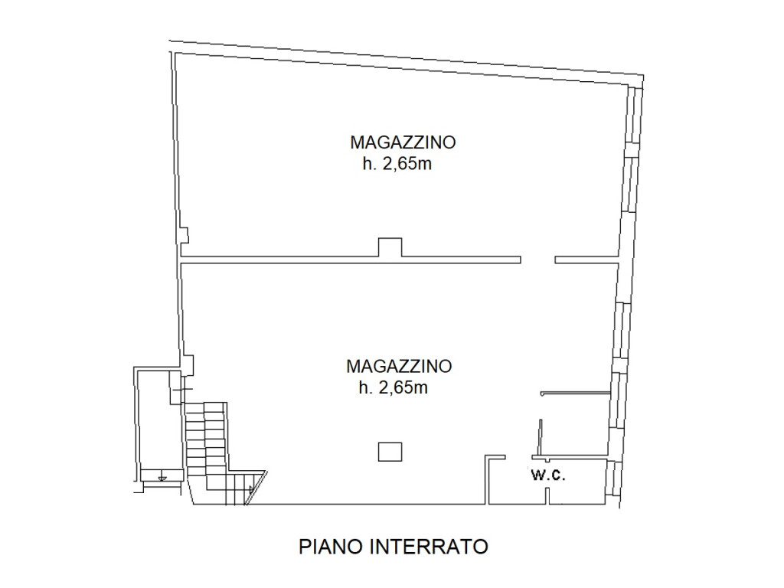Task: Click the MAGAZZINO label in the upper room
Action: click(x=403, y=142)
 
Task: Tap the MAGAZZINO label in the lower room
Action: click(x=399, y=366)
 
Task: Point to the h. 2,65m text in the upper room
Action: click(x=397, y=164)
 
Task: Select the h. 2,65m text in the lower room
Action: click(x=393, y=387)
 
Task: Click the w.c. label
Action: click(x=548, y=475)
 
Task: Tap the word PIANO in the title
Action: click(x=331, y=547)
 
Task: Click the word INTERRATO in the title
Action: click(x=429, y=547)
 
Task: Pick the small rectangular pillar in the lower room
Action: click(x=390, y=452)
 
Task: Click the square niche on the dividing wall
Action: click(x=390, y=247)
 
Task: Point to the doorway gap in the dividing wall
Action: click(x=538, y=260)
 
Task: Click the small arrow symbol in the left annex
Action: click(x=161, y=476)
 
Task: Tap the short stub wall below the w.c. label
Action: click(x=547, y=495)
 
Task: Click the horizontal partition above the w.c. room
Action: click(x=576, y=393)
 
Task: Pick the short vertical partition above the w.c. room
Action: click(x=540, y=437)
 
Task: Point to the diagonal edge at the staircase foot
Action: click(x=256, y=488)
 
